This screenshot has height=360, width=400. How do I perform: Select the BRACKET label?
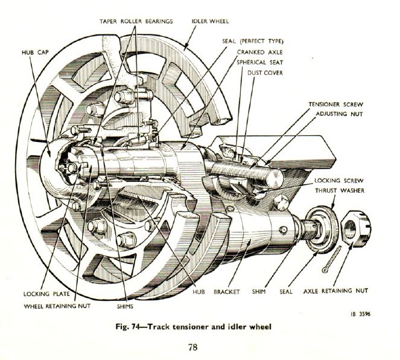[227, 292]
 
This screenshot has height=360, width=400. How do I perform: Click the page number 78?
[192, 347]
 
